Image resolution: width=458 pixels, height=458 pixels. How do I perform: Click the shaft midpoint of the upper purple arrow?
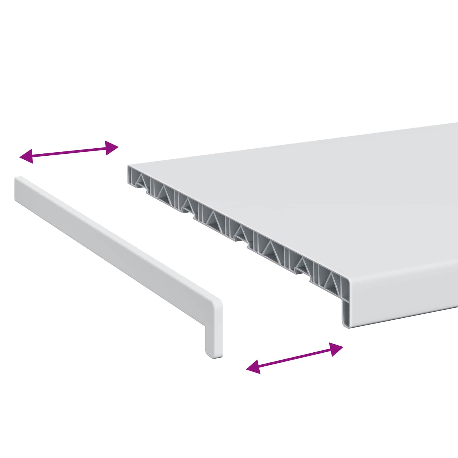(69, 152)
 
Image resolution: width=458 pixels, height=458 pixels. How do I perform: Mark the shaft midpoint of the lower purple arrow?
(295, 358)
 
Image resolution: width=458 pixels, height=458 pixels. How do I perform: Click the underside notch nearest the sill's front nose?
(301, 272)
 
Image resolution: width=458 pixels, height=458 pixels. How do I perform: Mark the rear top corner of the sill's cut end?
(129, 166)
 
